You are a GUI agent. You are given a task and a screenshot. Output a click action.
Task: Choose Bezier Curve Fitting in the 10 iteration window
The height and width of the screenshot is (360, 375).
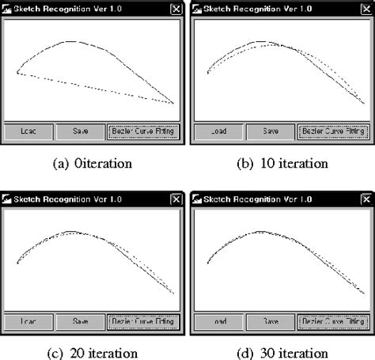[x=333, y=131]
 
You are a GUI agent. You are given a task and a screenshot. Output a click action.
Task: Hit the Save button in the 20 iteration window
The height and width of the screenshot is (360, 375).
[x=81, y=322]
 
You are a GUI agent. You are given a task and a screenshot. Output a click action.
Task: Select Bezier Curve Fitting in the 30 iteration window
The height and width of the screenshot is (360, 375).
[x=333, y=322]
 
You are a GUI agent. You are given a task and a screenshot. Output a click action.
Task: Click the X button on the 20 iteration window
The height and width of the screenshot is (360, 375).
[x=176, y=199]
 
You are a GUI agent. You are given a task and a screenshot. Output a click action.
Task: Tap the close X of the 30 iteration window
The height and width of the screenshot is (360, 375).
[x=364, y=199]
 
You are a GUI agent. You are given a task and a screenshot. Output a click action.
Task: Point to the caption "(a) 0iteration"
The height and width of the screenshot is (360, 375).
[x=92, y=164]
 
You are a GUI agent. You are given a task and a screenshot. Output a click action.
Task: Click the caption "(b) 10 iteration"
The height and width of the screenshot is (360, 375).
[x=282, y=164]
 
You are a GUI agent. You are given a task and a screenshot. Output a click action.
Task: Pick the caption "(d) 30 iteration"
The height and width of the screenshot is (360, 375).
[x=282, y=353]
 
